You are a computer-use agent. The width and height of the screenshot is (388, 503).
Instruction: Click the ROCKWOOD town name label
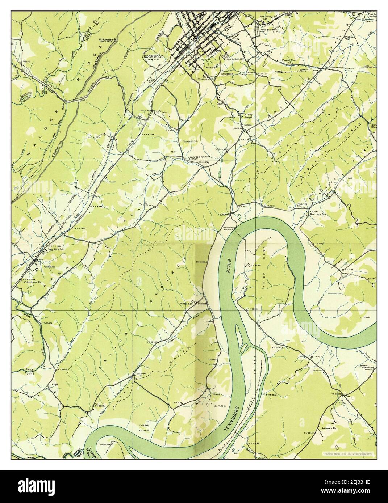point(153,57)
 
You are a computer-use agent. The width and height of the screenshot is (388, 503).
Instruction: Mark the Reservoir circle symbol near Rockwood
point(217,66)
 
